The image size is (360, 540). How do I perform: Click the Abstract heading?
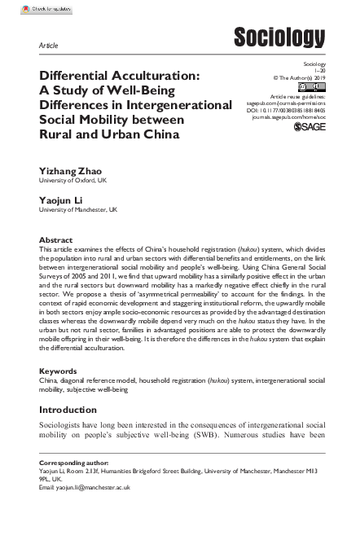click(x=55, y=240)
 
